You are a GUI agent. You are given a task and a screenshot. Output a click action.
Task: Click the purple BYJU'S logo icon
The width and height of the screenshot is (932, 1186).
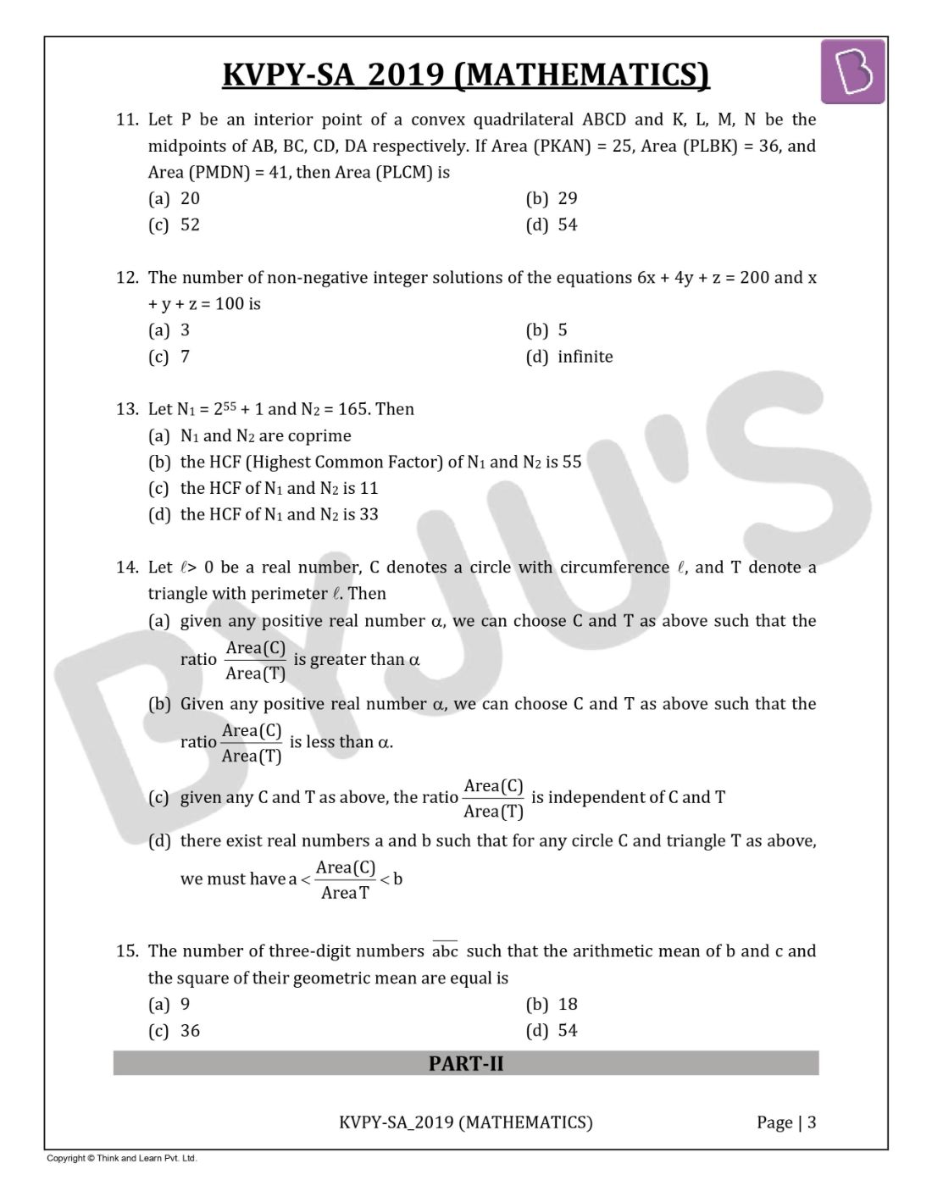pyautogui.click(x=852, y=72)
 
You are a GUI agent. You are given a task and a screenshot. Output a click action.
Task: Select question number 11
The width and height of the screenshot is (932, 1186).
pyautogui.click(x=127, y=119)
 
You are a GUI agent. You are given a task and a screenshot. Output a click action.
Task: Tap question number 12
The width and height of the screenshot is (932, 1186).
pyautogui.click(x=127, y=278)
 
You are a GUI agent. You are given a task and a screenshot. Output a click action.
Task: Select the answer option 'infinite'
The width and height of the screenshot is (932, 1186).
pyautogui.click(x=585, y=357)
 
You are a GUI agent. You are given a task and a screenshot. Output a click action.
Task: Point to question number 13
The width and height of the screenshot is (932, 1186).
pyautogui.click(x=127, y=409)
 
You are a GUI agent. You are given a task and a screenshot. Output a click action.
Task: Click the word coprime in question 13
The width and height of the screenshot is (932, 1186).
pyautogui.click(x=319, y=436)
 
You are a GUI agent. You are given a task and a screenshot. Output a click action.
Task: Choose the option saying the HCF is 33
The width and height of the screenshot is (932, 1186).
pyautogui.click(x=279, y=514)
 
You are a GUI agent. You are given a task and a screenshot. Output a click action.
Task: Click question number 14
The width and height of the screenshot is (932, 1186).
pyautogui.click(x=127, y=568)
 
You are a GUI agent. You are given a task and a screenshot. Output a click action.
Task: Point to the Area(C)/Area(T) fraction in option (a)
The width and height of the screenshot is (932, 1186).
pyautogui.click(x=255, y=661)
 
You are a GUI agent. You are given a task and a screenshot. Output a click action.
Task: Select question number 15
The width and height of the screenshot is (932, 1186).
pyautogui.click(x=127, y=951)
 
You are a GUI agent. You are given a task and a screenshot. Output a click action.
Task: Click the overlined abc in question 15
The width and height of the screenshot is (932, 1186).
pyautogui.click(x=445, y=951)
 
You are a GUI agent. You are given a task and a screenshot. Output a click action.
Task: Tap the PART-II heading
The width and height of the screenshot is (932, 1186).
pyautogui.click(x=466, y=1064)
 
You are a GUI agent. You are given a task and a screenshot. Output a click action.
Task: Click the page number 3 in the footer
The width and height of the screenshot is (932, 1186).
pyautogui.click(x=812, y=1123)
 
